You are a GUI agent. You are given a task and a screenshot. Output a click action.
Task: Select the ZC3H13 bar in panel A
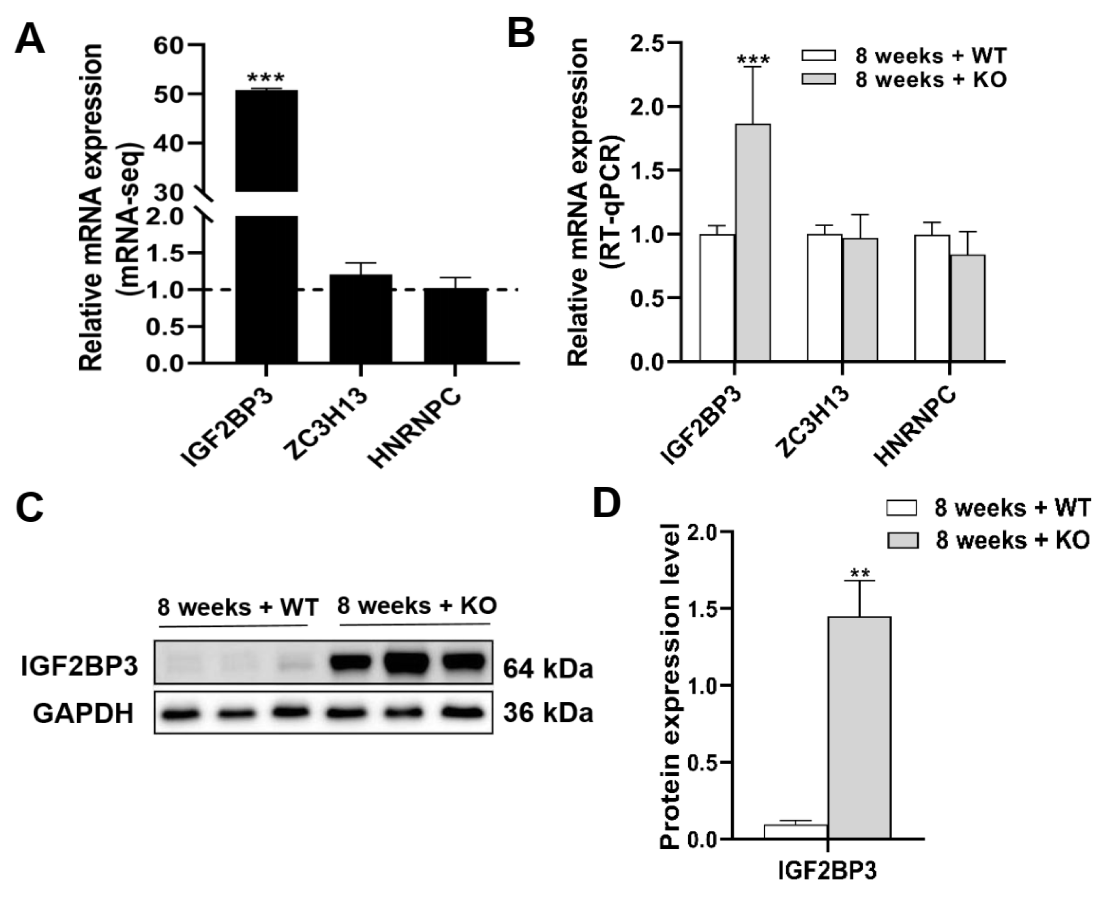click(361, 318)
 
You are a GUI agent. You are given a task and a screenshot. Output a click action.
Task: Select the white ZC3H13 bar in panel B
click(824, 297)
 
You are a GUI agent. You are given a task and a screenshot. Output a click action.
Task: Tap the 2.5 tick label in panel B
click(647, 44)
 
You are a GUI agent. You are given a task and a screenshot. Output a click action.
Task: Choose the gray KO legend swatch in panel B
click(818, 79)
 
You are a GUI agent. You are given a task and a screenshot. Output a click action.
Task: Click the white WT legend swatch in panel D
click(902, 509)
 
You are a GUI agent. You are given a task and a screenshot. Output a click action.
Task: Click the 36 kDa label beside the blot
click(548, 713)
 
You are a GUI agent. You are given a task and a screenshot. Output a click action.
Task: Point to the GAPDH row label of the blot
click(83, 714)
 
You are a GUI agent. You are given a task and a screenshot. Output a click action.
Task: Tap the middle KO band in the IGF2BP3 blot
click(407, 661)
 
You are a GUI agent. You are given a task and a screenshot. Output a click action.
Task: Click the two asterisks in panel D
click(859, 573)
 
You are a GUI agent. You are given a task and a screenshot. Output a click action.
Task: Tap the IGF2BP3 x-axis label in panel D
click(828, 871)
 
